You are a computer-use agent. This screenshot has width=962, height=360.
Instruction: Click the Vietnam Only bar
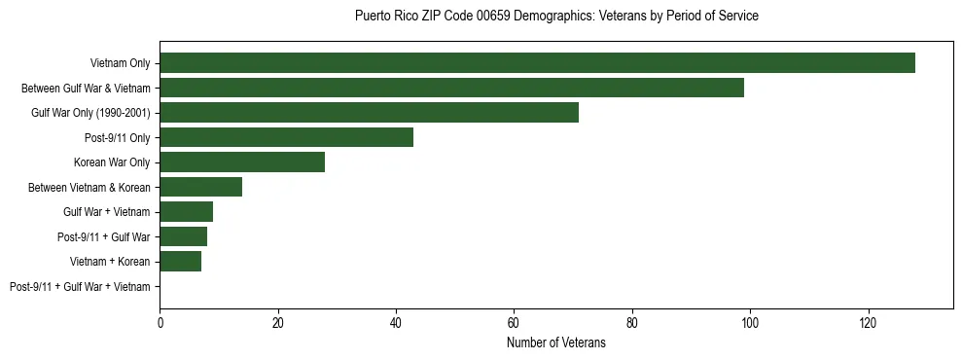pos(537,63)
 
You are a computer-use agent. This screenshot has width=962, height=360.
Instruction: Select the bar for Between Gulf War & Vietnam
pos(451,88)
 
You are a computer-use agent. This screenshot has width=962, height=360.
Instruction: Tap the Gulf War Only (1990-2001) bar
pos(369,113)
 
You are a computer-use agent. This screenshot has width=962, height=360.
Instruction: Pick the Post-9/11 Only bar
pos(286,137)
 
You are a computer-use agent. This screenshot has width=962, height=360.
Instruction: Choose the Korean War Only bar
pos(242,162)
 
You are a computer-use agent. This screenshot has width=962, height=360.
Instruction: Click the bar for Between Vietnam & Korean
pos(200,187)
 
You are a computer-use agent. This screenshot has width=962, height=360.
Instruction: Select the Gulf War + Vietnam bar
pos(186,212)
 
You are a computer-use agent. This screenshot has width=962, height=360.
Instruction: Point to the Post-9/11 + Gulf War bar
pos(183,236)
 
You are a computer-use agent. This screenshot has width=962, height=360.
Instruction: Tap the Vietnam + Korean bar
pos(180,262)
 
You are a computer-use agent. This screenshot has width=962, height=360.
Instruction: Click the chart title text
pos(556,17)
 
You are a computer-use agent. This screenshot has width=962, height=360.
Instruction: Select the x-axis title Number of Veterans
pos(556,343)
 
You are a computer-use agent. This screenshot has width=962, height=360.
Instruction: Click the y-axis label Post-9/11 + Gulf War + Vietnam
pos(80,287)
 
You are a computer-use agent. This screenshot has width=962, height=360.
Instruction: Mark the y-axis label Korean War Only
pos(112,162)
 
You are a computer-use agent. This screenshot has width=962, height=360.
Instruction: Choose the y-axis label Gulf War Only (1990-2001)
pos(90,113)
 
